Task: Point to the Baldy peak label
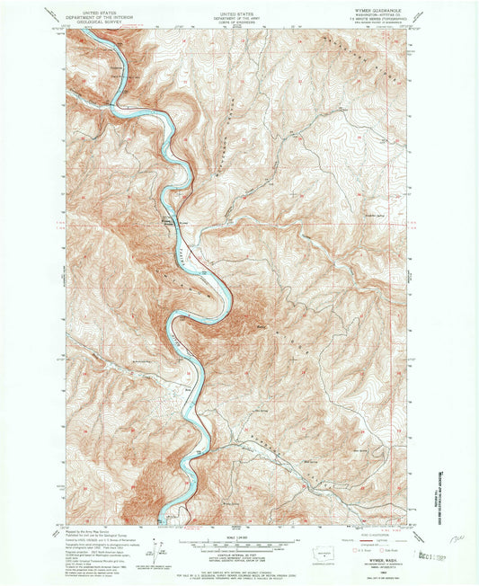point(261,324)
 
